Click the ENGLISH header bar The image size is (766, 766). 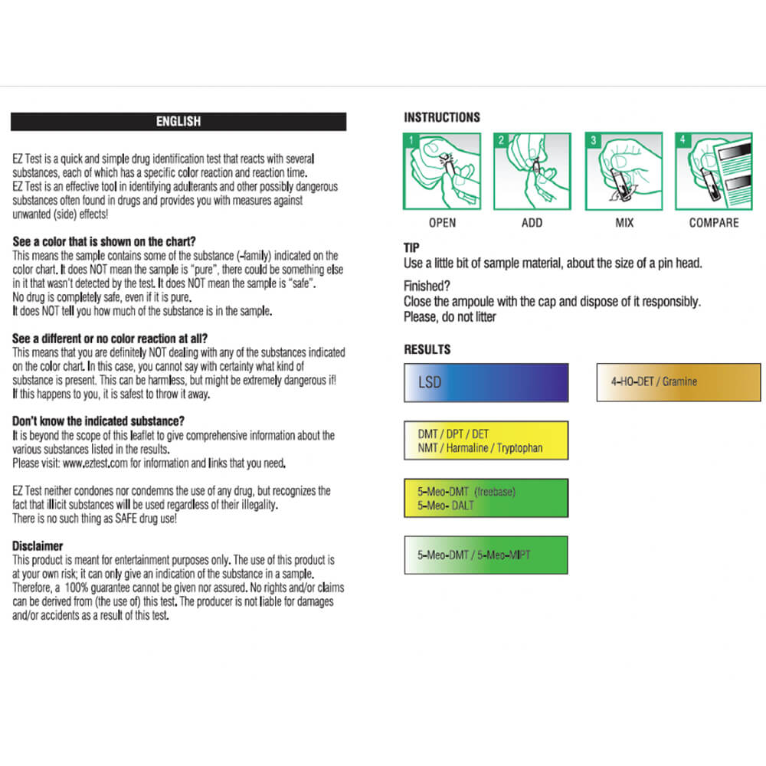178,121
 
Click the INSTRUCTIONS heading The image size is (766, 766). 442,117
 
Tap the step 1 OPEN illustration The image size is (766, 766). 442,171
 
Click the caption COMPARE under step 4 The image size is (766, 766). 714,223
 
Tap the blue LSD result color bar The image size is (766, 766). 486,382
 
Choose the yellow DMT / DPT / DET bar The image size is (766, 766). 486,440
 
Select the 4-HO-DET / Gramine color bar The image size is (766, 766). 679,382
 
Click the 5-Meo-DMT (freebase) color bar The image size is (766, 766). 486,498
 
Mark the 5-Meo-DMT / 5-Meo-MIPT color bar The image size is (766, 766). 486,555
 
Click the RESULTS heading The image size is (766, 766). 427,349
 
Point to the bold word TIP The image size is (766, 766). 411,248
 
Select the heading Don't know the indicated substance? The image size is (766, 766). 99,421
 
